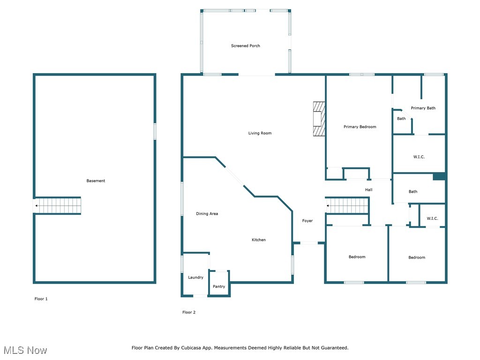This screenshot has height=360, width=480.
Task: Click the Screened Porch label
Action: coord(245,46)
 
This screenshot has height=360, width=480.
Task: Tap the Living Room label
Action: coord(260,133)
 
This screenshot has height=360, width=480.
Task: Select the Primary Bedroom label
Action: coord(360,127)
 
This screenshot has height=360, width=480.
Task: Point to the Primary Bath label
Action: coord(423,108)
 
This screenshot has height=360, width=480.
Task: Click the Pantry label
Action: coord(219,286)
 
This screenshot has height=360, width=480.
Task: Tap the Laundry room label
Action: coord(195,277)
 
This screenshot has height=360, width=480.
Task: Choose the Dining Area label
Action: coord(207,214)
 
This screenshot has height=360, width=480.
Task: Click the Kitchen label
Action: coord(258,240)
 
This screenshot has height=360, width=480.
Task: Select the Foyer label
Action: coord(307,221)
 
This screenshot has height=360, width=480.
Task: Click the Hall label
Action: coord(368,190)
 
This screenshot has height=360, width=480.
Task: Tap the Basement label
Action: coord(96,181)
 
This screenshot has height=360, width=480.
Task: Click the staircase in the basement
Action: coord(59,206)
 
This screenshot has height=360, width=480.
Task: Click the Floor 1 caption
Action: coord(41,299)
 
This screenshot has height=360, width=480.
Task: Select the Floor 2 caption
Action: coord(189,312)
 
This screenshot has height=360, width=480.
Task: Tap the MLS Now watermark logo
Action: coord(25,350)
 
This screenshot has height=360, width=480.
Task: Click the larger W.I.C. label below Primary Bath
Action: coord(419,157)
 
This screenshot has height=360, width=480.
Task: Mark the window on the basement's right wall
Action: coord(155,131)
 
